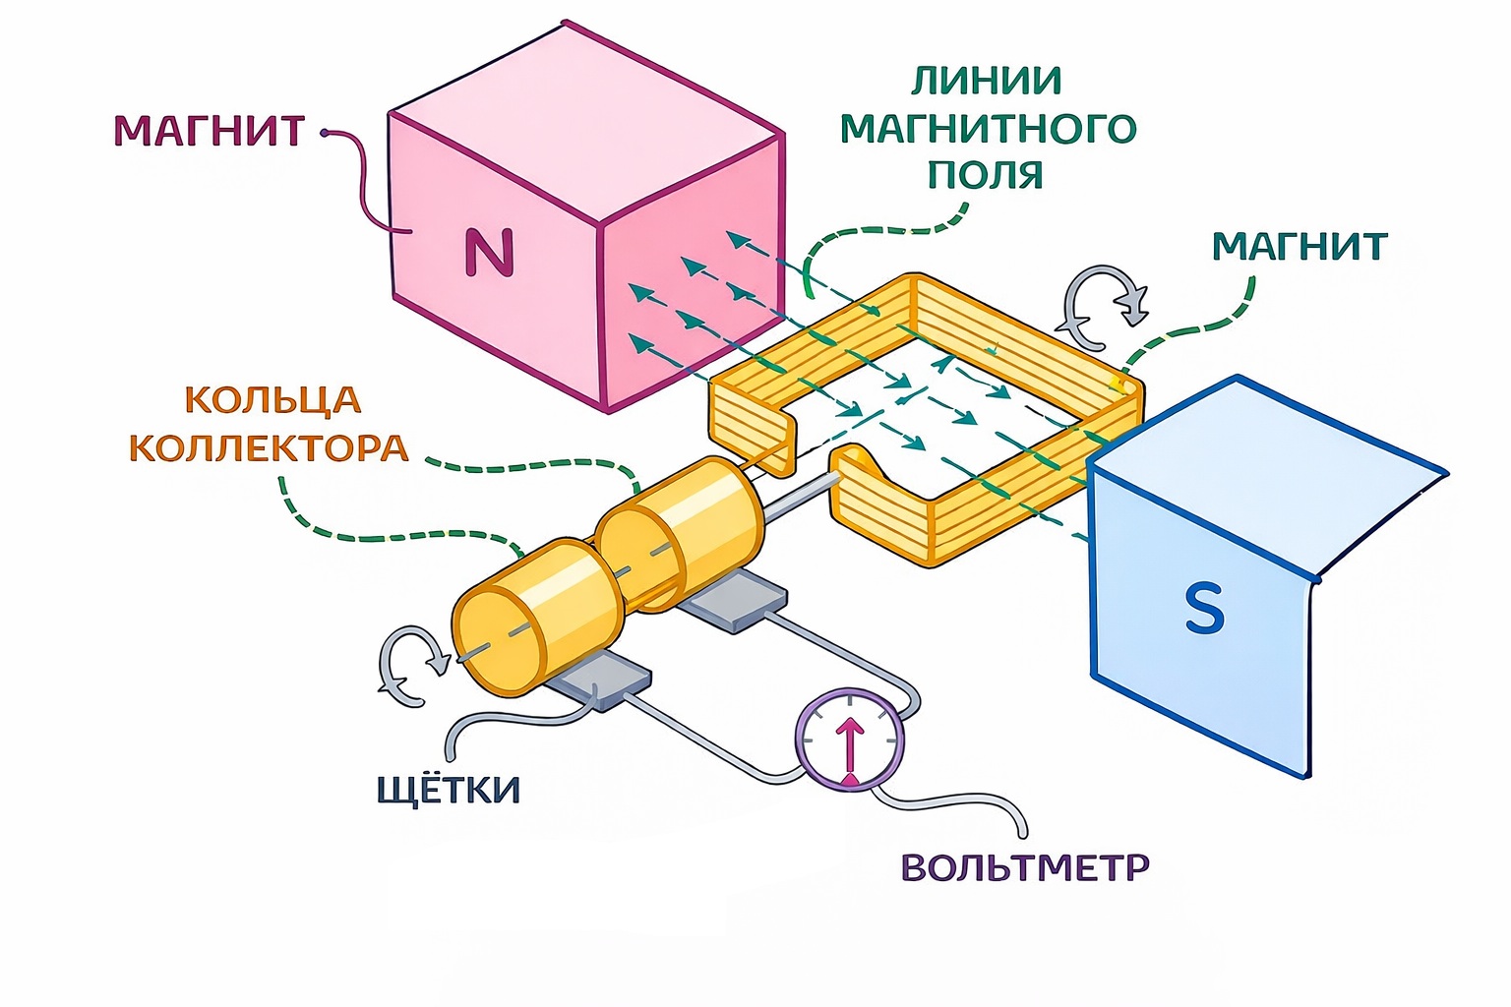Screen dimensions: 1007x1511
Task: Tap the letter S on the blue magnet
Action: pyautogui.click(x=1204, y=608)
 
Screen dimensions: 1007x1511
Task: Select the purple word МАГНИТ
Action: pyautogui.click(x=210, y=131)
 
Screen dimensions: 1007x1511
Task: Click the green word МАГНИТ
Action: pyautogui.click(x=1299, y=246)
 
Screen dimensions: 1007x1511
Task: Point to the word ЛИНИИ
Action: pyautogui.click(x=987, y=81)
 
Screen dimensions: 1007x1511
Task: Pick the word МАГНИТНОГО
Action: pyautogui.click(x=988, y=128)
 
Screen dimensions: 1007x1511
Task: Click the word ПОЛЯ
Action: pyautogui.click(x=987, y=174)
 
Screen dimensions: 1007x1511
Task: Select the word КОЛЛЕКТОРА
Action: pyautogui.click(x=269, y=448)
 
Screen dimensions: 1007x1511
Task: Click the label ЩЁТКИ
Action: pyautogui.click(x=449, y=790)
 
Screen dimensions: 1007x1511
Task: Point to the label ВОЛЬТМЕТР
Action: pyautogui.click(x=1025, y=867)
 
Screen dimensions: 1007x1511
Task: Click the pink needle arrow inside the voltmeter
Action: pyautogui.click(x=850, y=747)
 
